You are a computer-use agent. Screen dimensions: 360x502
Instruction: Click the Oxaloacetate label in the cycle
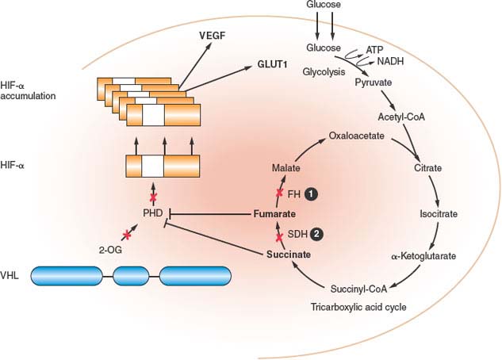(356, 136)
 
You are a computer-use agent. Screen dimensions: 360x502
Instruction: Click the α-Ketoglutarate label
(423, 255)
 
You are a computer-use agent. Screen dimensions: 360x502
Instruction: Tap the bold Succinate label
(286, 255)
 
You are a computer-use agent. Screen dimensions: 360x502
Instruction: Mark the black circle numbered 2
(317, 235)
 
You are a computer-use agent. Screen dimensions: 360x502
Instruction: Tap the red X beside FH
(279, 193)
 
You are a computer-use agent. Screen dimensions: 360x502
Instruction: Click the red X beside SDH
(279, 235)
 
